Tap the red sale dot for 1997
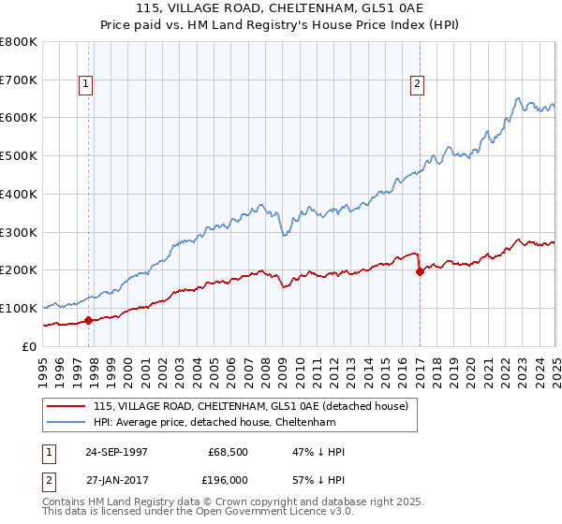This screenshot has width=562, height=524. point(89,320)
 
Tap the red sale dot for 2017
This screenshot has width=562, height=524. point(420,271)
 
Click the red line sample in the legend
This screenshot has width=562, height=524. point(67,406)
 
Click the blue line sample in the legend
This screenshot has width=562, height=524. point(67,422)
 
